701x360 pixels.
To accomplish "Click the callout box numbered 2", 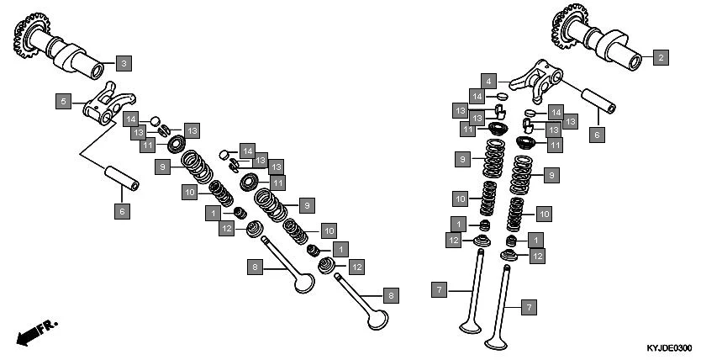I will click(660, 57).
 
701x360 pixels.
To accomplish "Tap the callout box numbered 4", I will click(488, 81).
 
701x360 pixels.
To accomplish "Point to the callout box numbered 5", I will click(63, 101).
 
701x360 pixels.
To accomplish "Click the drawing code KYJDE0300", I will click(668, 348).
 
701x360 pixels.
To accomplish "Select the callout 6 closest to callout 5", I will click(122, 211).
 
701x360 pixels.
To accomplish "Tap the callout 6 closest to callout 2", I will click(597, 134).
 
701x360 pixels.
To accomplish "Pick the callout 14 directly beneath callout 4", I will click(477, 97).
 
